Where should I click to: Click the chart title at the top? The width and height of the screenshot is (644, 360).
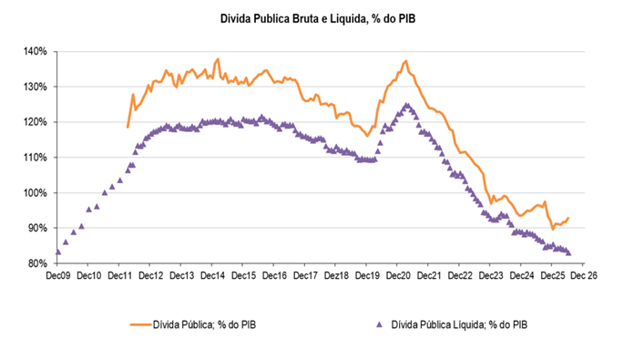pyautogui.click(x=318, y=19)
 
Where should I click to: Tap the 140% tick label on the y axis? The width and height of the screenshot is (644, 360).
pyautogui.click(x=36, y=51)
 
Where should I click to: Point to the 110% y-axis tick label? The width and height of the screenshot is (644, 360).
pyautogui.click(x=36, y=158)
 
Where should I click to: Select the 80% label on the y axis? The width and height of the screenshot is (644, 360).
pyautogui.click(x=37, y=263)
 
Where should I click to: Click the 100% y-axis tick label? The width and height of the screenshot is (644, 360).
pyautogui.click(x=36, y=192)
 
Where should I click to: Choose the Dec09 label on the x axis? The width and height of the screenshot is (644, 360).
pyautogui.click(x=58, y=275)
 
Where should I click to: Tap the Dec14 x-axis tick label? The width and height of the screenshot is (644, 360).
pyautogui.click(x=212, y=275)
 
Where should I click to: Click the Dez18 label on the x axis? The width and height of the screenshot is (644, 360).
pyautogui.click(x=336, y=275)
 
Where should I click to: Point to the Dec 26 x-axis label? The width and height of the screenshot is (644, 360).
pyautogui.click(x=584, y=275)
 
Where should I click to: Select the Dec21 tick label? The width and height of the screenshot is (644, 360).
pyautogui.click(x=429, y=275)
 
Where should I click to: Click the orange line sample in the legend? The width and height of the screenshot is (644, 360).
pyautogui.click(x=140, y=324)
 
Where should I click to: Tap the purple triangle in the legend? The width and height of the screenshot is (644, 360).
pyautogui.click(x=379, y=324)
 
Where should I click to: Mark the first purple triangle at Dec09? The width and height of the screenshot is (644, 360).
pyautogui.click(x=58, y=252)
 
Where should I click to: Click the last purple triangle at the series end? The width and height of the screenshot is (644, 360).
pyautogui.click(x=568, y=252)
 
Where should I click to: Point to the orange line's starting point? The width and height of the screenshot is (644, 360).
pyautogui.click(x=128, y=127)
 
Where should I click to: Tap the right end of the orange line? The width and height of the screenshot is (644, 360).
pyautogui.click(x=568, y=218)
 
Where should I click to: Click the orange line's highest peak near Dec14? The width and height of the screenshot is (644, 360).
pyautogui.click(x=218, y=58)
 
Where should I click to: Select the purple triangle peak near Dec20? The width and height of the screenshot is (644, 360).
pyautogui.click(x=406, y=106)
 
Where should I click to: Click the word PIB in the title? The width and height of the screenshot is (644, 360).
pyautogui.click(x=405, y=19)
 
